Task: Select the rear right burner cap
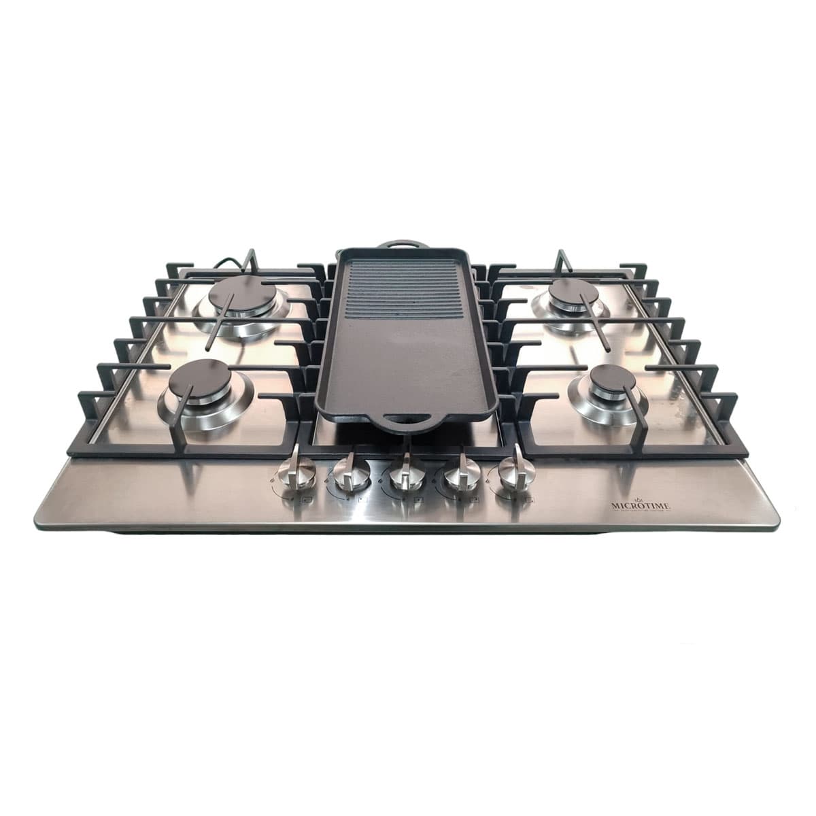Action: click(574, 292)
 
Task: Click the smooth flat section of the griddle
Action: click(406, 360)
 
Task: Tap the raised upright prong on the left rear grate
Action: click(252, 261)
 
